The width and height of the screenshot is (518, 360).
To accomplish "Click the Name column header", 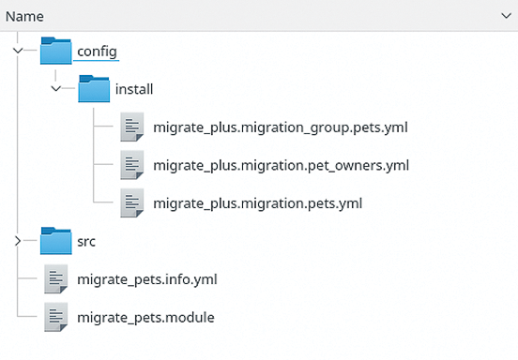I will click(24, 16).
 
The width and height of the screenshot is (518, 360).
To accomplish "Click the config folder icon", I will click(56, 51).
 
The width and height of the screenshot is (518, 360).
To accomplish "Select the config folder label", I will click(98, 51).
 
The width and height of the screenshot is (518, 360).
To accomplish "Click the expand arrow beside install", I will click(56, 89).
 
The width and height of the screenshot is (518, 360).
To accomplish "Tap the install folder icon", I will click(94, 89).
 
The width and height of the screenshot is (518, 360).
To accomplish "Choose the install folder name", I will click(133, 89).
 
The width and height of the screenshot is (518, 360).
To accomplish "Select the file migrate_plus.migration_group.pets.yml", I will click(280, 127).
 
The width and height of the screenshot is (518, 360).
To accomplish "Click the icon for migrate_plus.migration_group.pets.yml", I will click(132, 127).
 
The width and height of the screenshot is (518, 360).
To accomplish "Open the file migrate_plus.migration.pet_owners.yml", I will click(281, 165).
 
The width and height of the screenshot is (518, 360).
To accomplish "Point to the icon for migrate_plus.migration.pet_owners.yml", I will click(132, 165).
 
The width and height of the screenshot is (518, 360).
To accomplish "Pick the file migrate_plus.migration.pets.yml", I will click(257, 202).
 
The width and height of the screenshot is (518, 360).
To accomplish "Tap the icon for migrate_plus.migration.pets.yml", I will click(132, 202).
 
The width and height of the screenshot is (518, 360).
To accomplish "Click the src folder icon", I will click(56, 241).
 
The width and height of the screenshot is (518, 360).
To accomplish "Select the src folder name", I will click(87, 241).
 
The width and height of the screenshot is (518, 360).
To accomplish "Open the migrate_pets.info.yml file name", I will click(147, 278).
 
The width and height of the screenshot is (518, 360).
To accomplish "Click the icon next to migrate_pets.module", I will click(56, 317).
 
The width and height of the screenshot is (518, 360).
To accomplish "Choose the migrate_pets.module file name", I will click(145, 317).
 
